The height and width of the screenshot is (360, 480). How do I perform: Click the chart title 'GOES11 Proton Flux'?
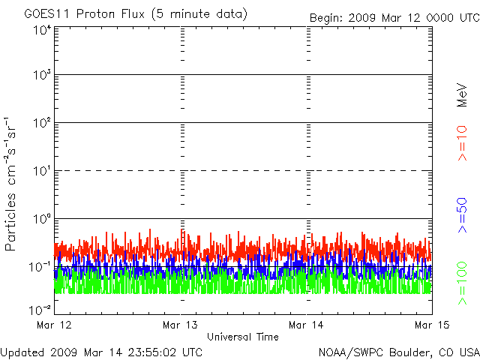pos(84,14)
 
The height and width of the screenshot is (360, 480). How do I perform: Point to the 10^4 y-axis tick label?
pos(42,30)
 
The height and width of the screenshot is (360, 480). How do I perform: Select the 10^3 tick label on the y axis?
pos(42,75)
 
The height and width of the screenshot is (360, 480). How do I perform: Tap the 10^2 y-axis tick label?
pos(42,123)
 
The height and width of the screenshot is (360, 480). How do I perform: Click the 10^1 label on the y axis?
pos(42,171)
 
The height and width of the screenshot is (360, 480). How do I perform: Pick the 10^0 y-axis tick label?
pos(42,219)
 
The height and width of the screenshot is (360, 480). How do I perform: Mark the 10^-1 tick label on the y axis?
pos(40,267)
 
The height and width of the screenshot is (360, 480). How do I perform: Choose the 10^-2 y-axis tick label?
pos(40,310)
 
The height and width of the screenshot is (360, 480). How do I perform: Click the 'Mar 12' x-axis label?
pos(54,325)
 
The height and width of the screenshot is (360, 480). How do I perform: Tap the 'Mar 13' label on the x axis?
pos(180,325)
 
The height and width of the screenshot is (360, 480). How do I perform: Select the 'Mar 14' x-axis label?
pos(306,325)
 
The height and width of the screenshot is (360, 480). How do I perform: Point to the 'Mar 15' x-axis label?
pos(432,325)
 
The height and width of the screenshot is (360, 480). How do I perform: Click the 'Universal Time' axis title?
pos(243,337)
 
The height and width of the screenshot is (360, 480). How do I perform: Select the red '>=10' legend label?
pos(462,143)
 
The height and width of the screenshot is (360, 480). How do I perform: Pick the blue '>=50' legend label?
pos(462,215)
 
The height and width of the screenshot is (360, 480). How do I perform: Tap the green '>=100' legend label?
pos(462,283)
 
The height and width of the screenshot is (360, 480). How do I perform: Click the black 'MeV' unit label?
pos(462,95)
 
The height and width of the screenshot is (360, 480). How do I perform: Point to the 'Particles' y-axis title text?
pos(10,222)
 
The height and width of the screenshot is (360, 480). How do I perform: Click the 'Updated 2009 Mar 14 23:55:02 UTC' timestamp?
pos(101,352)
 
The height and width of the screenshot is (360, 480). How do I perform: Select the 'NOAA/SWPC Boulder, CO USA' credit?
pos(399,352)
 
